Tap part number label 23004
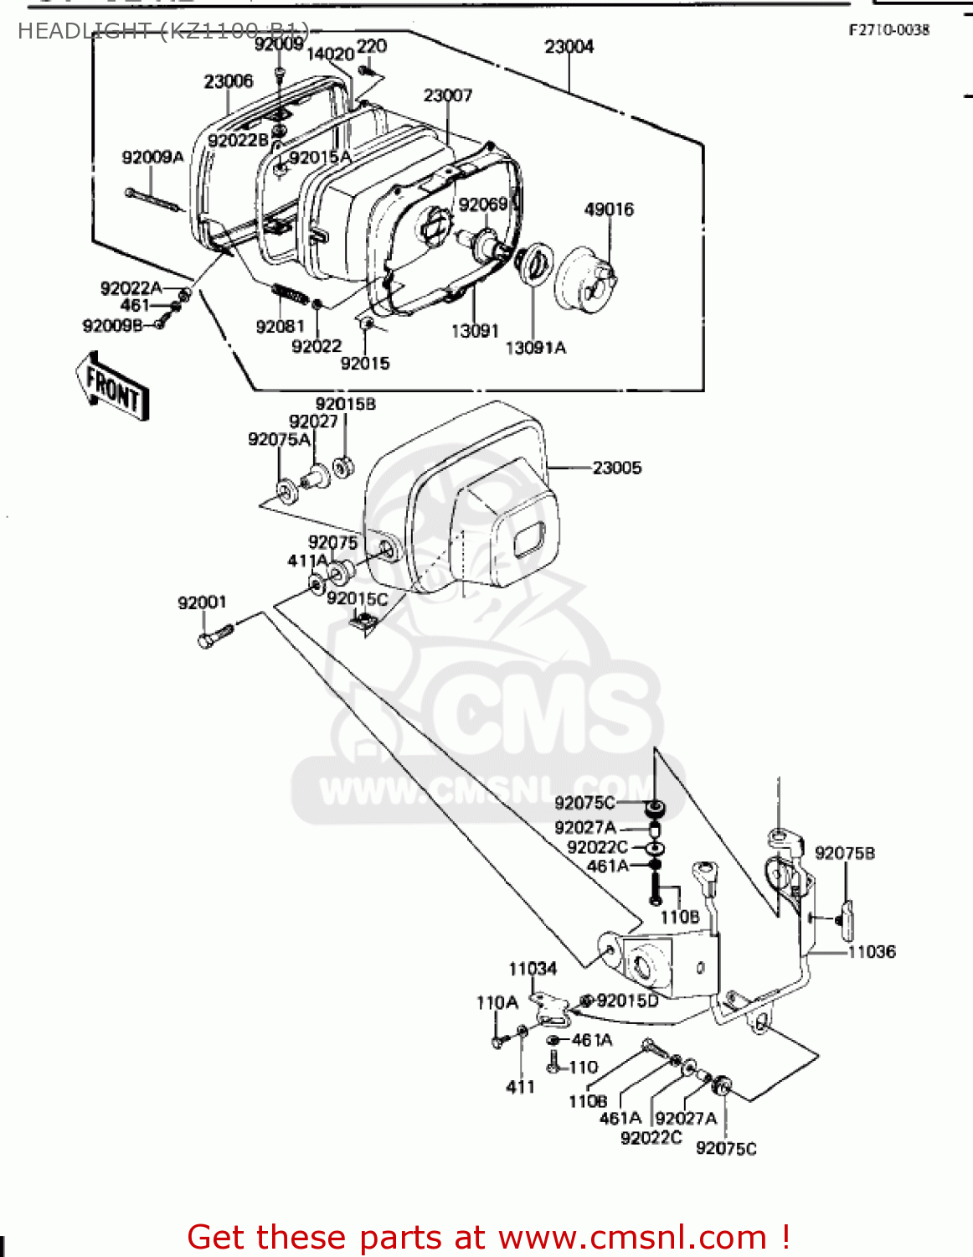pyautogui.click(x=569, y=47)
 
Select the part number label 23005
pyautogui.click(x=616, y=468)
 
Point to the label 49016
pyautogui.click(x=609, y=209)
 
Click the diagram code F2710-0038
pyautogui.click(x=888, y=30)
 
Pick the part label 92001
pyautogui.click(x=202, y=603)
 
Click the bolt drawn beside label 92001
pyautogui.click(x=214, y=636)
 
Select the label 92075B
pyautogui.click(x=844, y=853)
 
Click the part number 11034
pyautogui.click(x=533, y=969)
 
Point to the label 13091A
pyautogui.click(x=535, y=348)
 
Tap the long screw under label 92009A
pyautogui.click(x=155, y=200)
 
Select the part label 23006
pyautogui.click(x=228, y=81)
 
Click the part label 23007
pyautogui.click(x=447, y=96)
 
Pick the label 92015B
pyautogui.click(x=345, y=404)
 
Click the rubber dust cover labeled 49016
pyautogui.click(x=586, y=274)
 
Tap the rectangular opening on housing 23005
pyautogui.click(x=529, y=539)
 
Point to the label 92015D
pyautogui.click(x=627, y=1001)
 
